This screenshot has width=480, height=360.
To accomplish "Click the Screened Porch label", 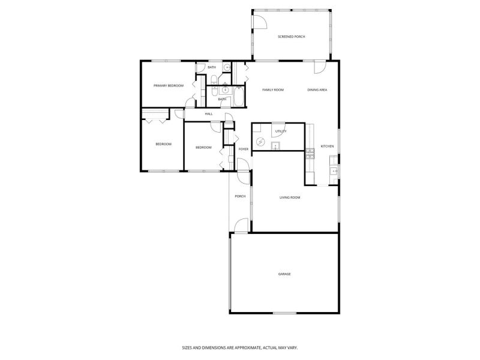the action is point(291,37).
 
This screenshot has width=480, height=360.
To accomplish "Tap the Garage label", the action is point(284,274).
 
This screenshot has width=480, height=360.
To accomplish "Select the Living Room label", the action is point(290,197).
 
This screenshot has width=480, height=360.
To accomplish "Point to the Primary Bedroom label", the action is point(169,86).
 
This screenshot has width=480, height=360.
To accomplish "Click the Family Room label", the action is point(273,89).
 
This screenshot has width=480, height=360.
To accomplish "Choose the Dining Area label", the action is point(317,89).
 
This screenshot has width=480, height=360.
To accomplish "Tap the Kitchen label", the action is point(327,146).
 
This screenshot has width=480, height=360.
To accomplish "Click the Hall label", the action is point(209,114).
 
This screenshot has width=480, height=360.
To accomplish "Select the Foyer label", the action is point(244,149).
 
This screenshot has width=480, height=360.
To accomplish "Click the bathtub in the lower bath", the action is point(239,96).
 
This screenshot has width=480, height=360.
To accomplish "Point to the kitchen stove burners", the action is point(310,154).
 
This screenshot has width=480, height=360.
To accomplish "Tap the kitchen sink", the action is point(333,171).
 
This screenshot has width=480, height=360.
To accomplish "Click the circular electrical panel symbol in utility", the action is point(260,142).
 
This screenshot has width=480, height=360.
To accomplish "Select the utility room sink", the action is point(275,146).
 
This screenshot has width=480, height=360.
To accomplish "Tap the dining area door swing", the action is point(320,67).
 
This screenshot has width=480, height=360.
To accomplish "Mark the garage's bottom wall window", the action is point(284,313).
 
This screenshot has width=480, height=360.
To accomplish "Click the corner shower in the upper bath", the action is point(226,67).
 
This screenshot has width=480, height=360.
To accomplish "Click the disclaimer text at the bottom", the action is point(240,348).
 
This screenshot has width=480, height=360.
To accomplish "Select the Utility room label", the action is point(281,131).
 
